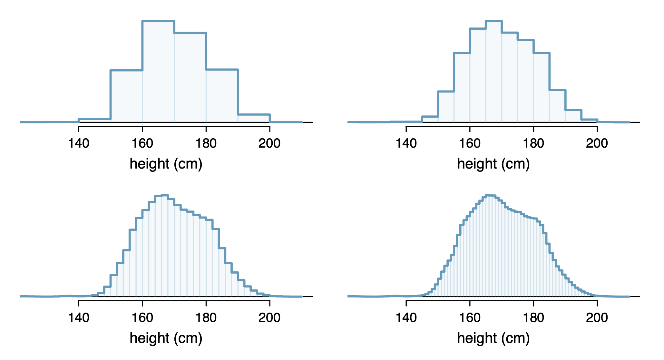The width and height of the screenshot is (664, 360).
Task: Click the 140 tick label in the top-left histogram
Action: [79, 143]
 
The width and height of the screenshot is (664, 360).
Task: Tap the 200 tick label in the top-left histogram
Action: [269, 143]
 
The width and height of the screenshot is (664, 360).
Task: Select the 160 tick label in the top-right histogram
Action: [470, 143]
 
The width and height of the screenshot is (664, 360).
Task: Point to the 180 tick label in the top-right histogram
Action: [533, 143]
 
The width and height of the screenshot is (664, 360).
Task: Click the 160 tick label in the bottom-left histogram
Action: [142, 318]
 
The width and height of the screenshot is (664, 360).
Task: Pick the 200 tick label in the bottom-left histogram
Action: [269, 318]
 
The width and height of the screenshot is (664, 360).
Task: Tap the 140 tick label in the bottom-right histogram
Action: [406, 318]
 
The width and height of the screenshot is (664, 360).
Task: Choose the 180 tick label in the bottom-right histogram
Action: [533, 318]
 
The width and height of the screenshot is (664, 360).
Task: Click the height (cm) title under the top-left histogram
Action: [166, 164]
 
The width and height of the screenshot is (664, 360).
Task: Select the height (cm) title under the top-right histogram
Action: [493, 164]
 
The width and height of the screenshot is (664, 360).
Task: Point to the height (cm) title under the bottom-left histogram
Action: [166, 338]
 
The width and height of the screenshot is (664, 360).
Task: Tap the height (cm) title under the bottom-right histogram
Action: [493, 338]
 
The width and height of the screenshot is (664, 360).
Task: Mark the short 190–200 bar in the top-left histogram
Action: [254, 118]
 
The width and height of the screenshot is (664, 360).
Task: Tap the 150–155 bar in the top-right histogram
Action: [446, 107]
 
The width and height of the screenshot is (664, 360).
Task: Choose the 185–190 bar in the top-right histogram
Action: [557, 106]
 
